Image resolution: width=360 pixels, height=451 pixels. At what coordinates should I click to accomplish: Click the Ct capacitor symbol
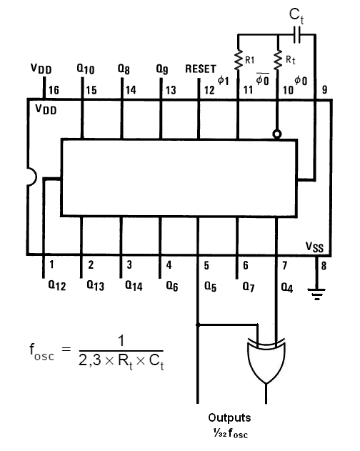coord(297,35)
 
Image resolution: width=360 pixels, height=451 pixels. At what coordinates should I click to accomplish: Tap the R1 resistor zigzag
coord(238,61)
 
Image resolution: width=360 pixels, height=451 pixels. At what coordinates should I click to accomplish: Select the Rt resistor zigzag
coord(278,60)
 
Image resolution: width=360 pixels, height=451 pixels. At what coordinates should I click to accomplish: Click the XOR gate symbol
coord(266,361)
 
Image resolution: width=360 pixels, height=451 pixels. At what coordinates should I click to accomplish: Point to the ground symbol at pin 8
coord(316,294)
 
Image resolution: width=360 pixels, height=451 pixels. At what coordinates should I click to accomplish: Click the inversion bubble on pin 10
coord(277,134)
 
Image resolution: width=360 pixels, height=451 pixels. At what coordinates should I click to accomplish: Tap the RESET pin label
coord(201,69)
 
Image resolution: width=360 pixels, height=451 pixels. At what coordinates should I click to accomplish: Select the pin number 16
coord(54,90)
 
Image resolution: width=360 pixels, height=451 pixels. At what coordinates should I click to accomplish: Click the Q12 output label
coord(57,285)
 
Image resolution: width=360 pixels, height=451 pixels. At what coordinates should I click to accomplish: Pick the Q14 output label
coord(134,286)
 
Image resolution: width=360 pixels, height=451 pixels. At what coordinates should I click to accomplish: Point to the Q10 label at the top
coord(86,69)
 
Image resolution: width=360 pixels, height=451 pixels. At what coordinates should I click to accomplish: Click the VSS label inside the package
coord(314,247)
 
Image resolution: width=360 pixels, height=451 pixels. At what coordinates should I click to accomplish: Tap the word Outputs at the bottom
coord(229,417)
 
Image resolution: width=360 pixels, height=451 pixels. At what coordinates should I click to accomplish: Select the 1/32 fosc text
coord(230,433)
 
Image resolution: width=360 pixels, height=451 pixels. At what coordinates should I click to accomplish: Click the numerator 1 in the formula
coord(121,340)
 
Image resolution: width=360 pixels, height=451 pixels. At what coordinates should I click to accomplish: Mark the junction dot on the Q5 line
coord(198,324)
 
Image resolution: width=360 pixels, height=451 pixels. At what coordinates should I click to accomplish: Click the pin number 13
coord(171,90)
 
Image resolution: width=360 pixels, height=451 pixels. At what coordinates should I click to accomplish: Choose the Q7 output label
coord(249,287)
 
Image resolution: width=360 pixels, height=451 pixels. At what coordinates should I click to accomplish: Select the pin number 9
coord(324,90)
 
